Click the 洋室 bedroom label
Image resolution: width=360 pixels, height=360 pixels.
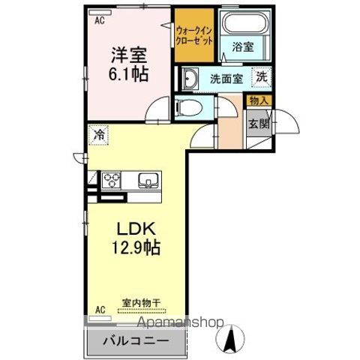tap(128, 56)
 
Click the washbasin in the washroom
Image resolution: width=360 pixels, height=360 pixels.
tap(190, 79)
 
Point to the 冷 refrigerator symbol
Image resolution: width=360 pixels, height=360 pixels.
tap(99, 135)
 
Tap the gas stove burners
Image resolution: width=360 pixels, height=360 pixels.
tap(112, 180)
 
